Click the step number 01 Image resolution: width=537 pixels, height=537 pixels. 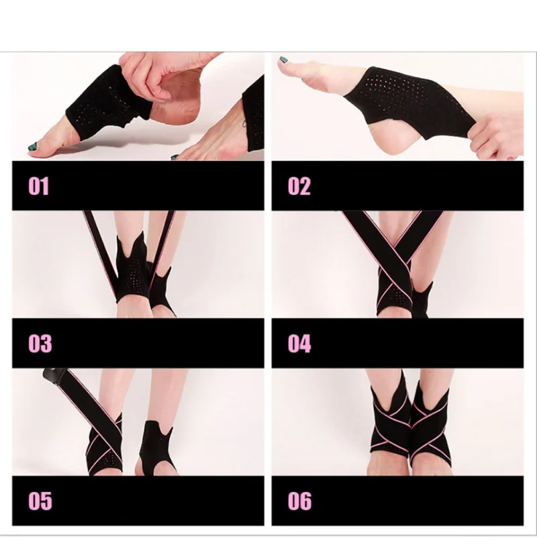pyautogui.click(x=38, y=186)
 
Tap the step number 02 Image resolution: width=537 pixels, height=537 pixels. pyautogui.click(x=299, y=186)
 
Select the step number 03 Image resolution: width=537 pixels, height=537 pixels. pyautogui.click(x=40, y=343)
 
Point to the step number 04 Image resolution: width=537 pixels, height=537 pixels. pyautogui.click(x=299, y=343)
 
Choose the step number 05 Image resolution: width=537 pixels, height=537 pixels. pyautogui.click(x=40, y=501)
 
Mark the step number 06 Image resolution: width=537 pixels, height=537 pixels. pyautogui.click(x=299, y=501)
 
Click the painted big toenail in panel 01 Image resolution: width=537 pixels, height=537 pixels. pyautogui.click(x=32, y=146)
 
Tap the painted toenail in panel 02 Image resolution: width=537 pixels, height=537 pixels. pyautogui.click(x=283, y=60)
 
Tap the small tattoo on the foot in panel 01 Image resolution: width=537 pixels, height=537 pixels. pyautogui.click(x=244, y=124)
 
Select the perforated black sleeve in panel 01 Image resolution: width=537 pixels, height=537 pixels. pyautogui.click(x=106, y=103)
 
